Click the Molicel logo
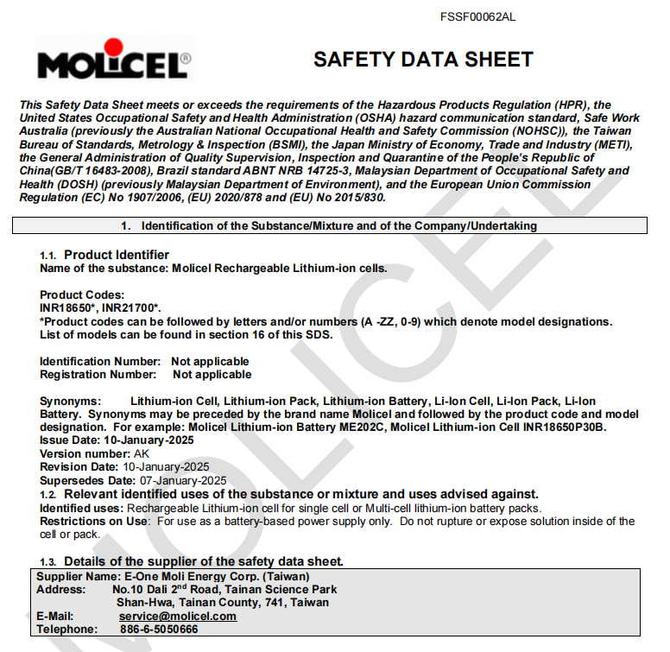tap(114, 60)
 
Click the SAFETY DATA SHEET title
tap(423, 60)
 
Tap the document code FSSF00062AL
tap(477, 17)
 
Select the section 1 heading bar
tap(329, 226)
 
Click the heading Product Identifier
tap(117, 255)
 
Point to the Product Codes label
tap(82, 295)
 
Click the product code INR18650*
tap(67, 307)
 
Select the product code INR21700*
tap(132, 307)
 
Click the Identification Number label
tap(100, 361)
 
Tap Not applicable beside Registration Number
tap(212, 375)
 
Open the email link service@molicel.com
tap(178, 617)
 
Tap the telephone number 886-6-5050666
tap(159, 630)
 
